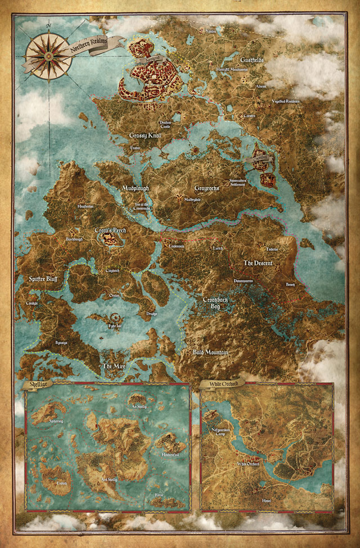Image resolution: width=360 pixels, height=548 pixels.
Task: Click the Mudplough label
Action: (x=138, y=188)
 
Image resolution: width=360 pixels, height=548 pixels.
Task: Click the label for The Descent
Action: (x=259, y=263)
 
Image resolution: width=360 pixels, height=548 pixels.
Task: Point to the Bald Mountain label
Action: (x=210, y=352)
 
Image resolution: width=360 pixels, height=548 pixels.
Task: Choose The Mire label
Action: (x=112, y=366)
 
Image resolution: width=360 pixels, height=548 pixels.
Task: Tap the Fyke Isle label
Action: (x=114, y=325)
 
